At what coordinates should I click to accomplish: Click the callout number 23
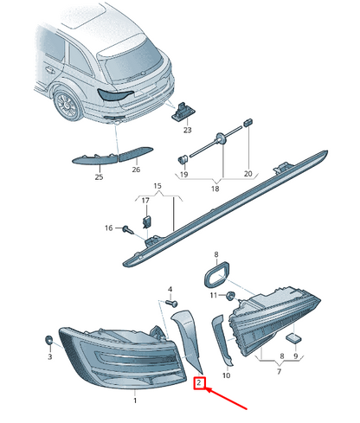(188, 130)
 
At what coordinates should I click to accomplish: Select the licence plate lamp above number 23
(183, 112)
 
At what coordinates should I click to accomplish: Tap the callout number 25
(99, 176)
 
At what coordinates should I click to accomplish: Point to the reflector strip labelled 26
(136, 153)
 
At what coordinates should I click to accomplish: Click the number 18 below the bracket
(215, 189)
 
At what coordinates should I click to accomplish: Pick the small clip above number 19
(183, 159)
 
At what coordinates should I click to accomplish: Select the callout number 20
(248, 174)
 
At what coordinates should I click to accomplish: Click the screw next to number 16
(128, 229)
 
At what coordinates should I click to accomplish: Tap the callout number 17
(145, 200)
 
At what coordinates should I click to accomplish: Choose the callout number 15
(157, 186)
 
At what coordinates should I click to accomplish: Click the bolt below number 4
(172, 303)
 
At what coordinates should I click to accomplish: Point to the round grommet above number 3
(48, 340)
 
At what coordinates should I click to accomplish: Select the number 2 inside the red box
(199, 383)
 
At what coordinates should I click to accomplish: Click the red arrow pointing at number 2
(226, 399)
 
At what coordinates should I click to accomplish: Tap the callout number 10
(227, 375)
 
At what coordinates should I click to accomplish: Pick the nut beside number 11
(230, 296)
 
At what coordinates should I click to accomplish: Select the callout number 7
(279, 371)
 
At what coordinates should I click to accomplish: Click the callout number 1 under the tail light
(135, 401)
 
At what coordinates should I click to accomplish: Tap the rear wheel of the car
(68, 106)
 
